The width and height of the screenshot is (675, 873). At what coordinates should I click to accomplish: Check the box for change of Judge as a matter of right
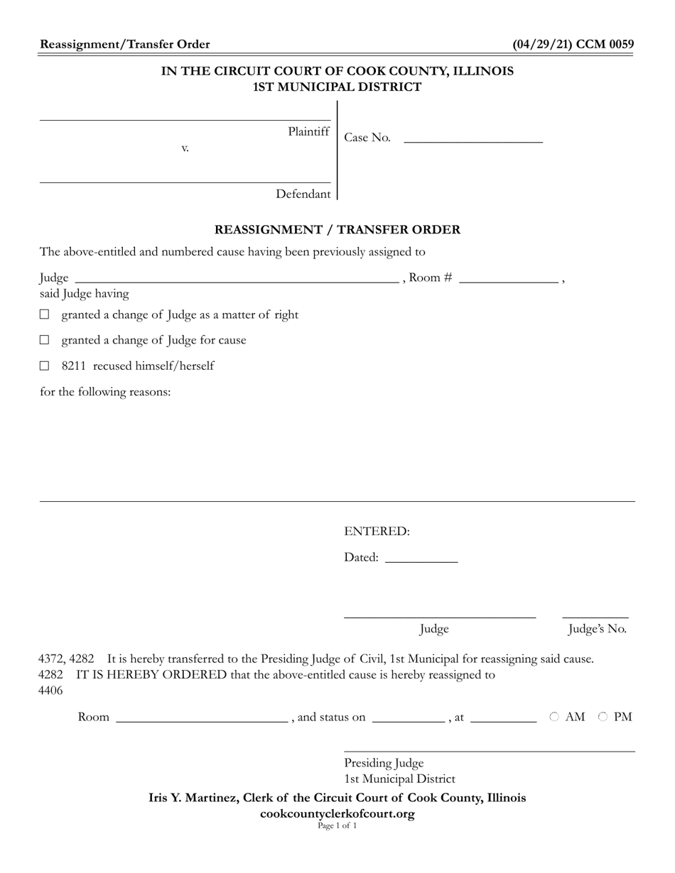pyautogui.click(x=45, y=314)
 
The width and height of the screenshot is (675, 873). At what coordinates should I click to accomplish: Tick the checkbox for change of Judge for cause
pyautogui.click(x=45, y=340)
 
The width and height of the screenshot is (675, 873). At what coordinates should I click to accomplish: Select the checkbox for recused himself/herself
pyautogui.click(x=45, y=366)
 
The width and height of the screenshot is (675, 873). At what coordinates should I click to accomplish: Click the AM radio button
pyautogui.click(x=554, y=717)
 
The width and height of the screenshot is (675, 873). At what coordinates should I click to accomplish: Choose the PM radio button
pyautogui.click(x=603, y=717)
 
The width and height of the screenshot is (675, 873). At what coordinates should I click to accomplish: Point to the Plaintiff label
pyautogui.click(x=308, y=131)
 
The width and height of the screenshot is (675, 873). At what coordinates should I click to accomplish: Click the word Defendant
pyautogui.click(x=303, y=194)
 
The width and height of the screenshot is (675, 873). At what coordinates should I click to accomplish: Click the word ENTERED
pyautogui.click(x=377, y=532)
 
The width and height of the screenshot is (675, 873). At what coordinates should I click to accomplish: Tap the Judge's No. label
pyautogui.click(x=597, y=629)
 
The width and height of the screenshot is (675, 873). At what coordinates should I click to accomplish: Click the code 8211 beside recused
pyautogui.click(x=73, y=366)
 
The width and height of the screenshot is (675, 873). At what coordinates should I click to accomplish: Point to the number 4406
pyautogui.click(x=50, y=690)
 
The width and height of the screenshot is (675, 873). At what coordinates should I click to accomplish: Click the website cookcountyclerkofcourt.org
pyautogui.click(x=337, y=813)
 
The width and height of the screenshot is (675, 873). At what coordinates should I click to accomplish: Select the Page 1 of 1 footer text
pyautogui.click(x=337, y=825)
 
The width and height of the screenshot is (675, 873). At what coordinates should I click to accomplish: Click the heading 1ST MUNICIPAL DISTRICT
pyautogui.click(x=337, y=87)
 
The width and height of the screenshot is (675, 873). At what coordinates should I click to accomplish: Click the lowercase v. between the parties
pyautogui.click(x=185, y=148)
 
